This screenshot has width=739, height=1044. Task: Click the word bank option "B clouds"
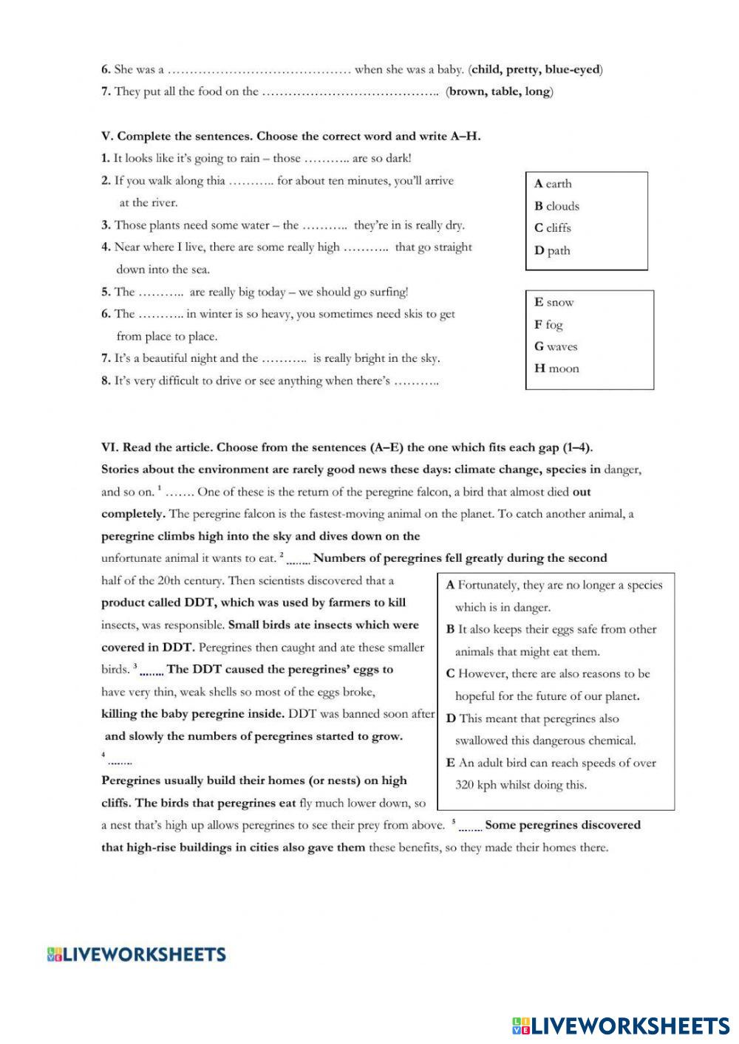click(x=556, y=206)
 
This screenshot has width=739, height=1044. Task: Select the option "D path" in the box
click(x=552, y=250)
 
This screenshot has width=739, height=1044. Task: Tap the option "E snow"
click(x=554, y=302)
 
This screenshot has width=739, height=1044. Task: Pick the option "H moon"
click(x=556, y=368)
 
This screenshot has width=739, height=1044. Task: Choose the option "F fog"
click(x=548, y=324)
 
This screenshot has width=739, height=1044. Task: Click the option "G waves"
click(x=556, y=346)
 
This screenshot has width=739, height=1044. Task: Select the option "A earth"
click(x=553, y=184)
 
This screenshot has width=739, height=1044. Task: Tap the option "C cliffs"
click(x=553, y=228)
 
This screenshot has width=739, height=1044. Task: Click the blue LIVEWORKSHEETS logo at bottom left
click(x=136, y=955)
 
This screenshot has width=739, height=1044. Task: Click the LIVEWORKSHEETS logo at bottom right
click(x=620, y=1026)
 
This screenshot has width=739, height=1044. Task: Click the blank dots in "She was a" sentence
click(x=259, y=70)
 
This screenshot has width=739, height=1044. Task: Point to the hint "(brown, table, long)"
click(x=500, y=92)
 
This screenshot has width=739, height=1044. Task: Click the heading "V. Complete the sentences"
click(x=291, y=136)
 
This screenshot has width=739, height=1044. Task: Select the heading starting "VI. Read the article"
click(x=347, y=447)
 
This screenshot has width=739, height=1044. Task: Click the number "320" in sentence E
click(x=466, y=785)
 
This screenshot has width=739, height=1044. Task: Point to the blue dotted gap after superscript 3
click(x=151, y=671)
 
